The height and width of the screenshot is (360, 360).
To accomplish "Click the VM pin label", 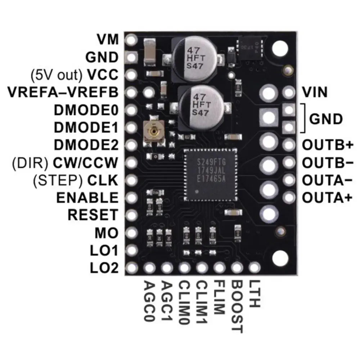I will pos(108,39).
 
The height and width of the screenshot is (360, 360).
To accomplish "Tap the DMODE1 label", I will pos(85,127).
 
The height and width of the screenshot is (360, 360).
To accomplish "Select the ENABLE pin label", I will pos(87,198).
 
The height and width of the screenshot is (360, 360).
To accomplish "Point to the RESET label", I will pos(93,215).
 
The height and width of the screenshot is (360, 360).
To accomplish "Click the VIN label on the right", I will pos(315,93).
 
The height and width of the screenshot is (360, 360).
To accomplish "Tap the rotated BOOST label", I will pos(237,306).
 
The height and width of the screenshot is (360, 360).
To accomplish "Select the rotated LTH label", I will pos(254,294).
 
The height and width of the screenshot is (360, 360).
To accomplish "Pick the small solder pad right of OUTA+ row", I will pos(288,197).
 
